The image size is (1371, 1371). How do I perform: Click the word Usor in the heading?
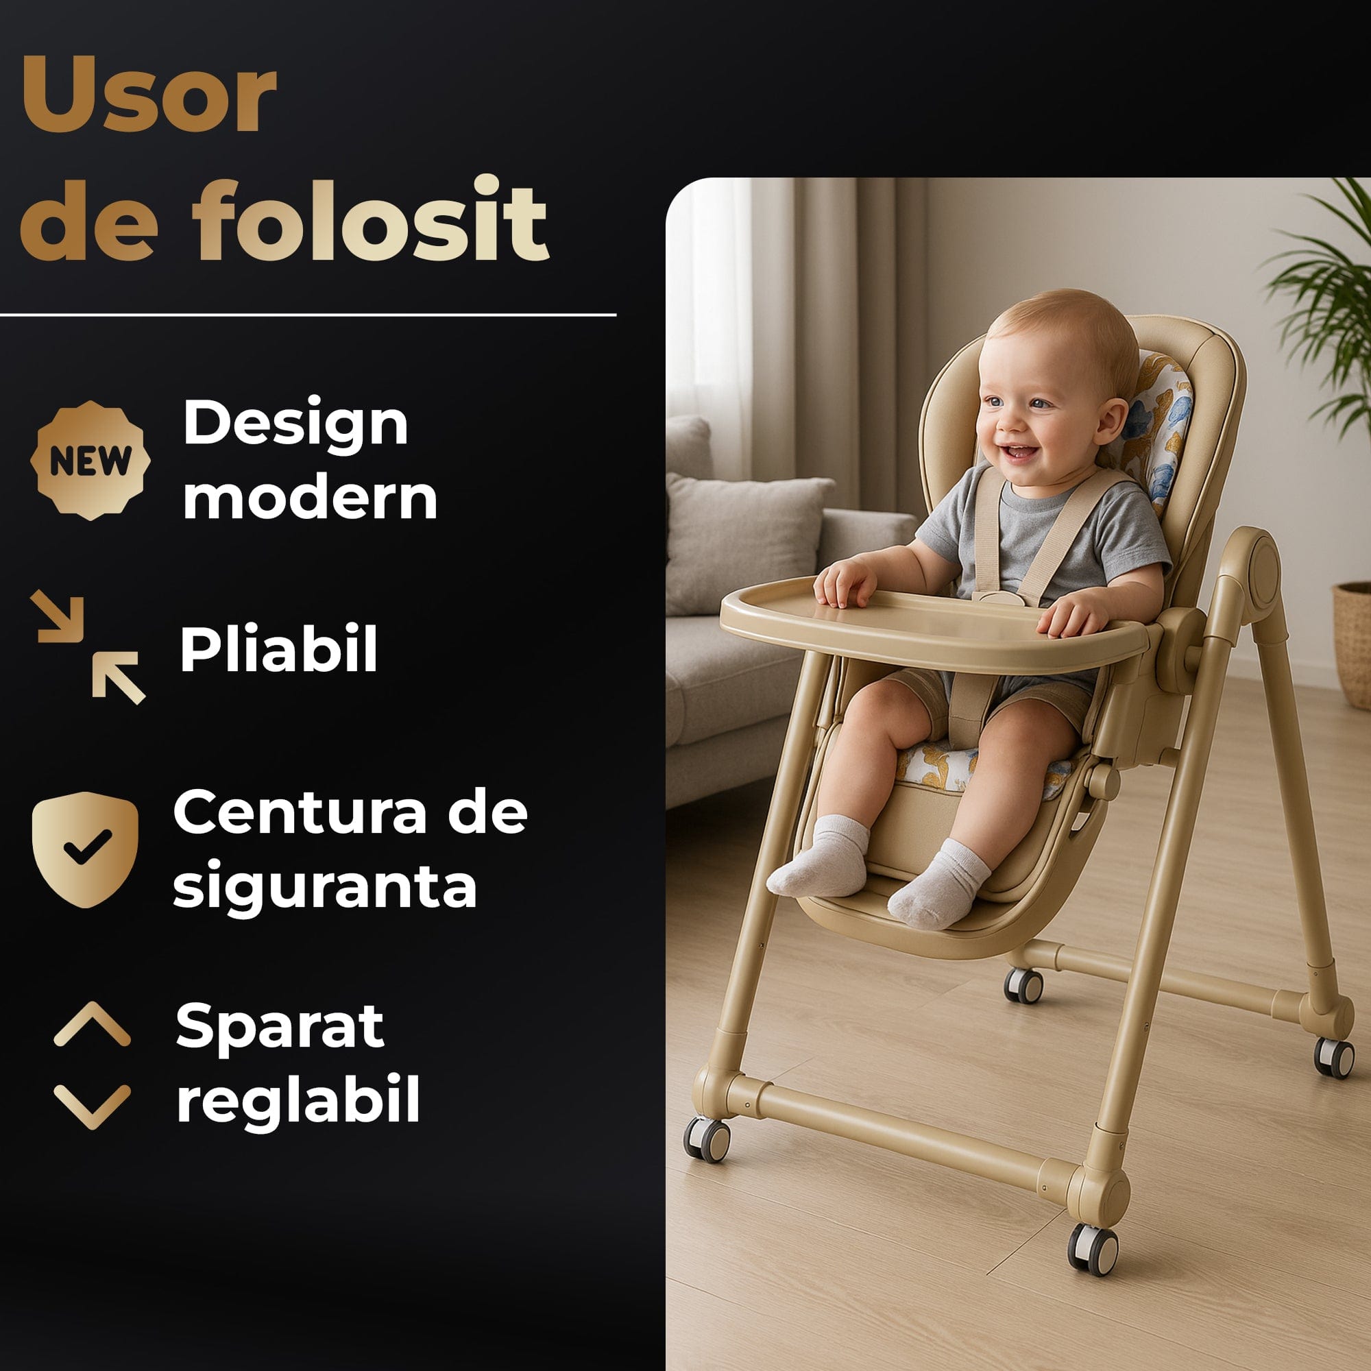148,95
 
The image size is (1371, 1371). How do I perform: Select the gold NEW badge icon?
90,461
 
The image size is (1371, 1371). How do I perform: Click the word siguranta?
324,886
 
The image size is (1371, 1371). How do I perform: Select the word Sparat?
280,1026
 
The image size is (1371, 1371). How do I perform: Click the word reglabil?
298,1100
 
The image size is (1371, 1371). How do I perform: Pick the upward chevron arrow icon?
93,1025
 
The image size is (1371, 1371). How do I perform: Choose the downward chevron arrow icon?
93,1106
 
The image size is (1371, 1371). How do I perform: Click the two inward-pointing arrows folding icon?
88,647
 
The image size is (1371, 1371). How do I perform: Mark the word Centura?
300,812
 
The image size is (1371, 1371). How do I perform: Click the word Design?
295,424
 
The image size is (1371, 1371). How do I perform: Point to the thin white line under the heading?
308,315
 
